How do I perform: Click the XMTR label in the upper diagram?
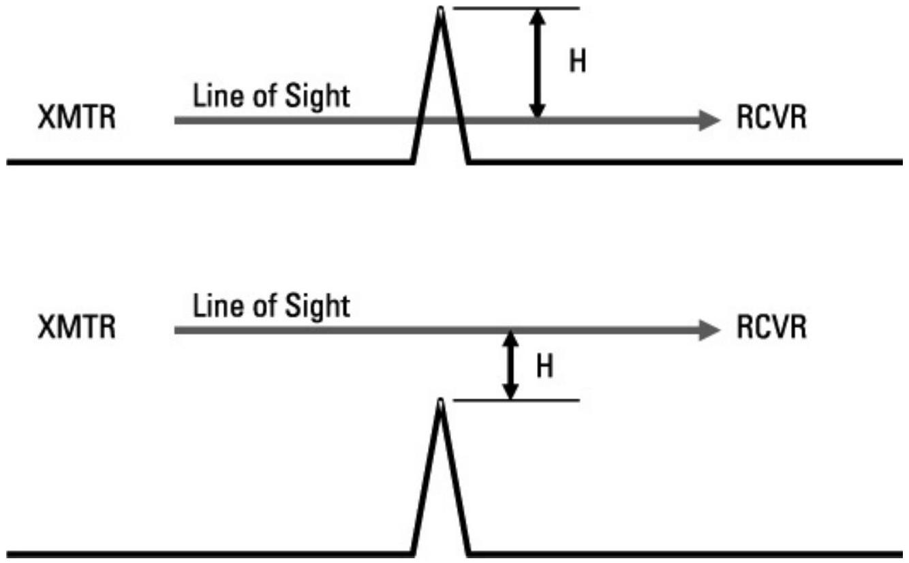click(x=76, y=119)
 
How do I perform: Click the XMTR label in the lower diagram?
click(x=76, y=329)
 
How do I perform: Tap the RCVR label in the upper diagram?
click(x=771, y=119)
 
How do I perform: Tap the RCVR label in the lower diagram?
click(x=771, y=329)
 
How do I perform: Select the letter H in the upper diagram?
click(x=577, y=63)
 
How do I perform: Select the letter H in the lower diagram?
click(x=545, y=368)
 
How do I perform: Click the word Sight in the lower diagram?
click(x=320, y=307)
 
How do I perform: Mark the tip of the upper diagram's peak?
click(x=441, y=12)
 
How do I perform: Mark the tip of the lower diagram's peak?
click(x=441, y=403)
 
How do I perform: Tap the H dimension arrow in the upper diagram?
click(x=538, y=65)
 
